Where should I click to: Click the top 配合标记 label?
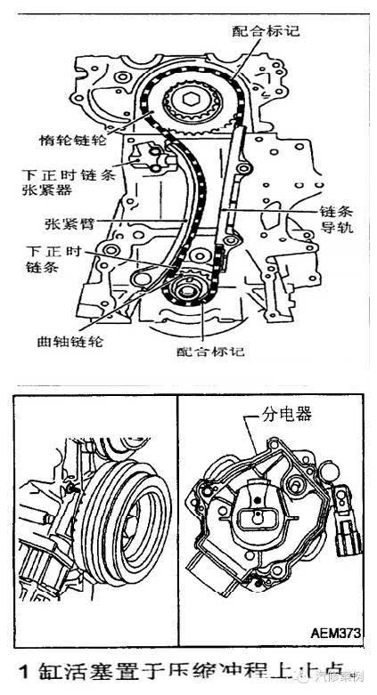coord(266,30)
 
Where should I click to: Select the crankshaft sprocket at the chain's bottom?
coord(188,289)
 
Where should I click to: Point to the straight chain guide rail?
coord(234,187)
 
